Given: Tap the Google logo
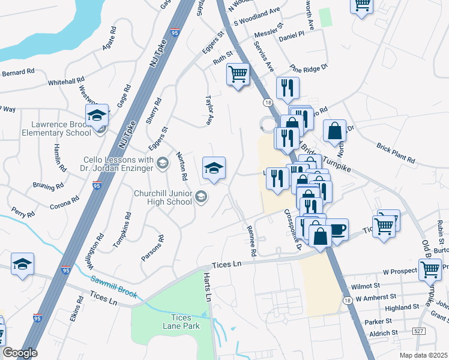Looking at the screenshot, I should (19, 353).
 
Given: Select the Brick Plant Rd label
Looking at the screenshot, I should (396, 153).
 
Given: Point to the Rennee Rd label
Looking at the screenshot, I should (253, 241).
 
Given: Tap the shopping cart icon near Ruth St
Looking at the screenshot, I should (238, 75).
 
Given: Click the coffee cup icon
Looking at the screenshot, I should (337, 229).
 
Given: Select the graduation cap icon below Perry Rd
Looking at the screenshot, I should (22, 265).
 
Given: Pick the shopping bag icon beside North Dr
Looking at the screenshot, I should (334, 130).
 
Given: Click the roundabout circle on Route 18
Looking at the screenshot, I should (266, 124).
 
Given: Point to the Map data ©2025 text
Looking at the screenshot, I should (423, 355).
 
